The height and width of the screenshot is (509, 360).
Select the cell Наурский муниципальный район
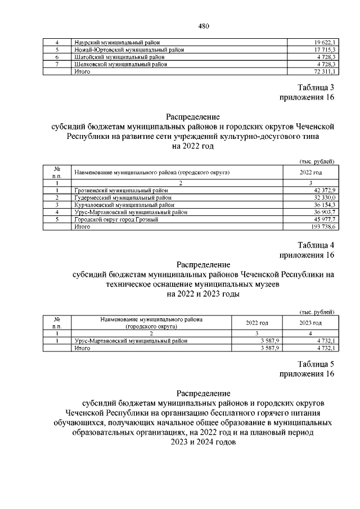coord(116,43)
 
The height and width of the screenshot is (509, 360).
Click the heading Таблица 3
coord(316,87)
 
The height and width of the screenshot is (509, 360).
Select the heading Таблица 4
coord(316,245)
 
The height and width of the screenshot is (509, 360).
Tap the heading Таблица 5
coord(316,363)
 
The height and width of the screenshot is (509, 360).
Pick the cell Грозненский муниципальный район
coord(120,191)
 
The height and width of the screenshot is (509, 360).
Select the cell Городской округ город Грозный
coord(116,220)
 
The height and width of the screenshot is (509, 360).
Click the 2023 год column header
coord(310,323)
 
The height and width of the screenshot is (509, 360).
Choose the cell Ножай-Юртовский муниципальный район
coord(129,50)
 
